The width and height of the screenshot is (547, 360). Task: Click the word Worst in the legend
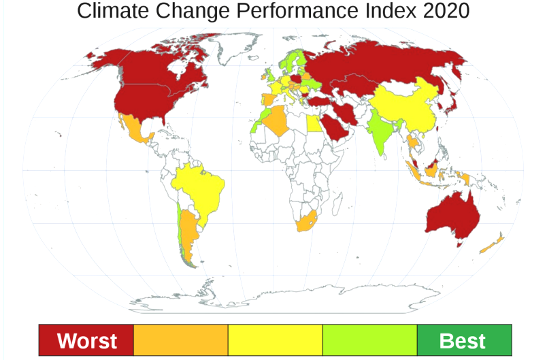tap(86, 341)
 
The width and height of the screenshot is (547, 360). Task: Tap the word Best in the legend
tap(463, 341)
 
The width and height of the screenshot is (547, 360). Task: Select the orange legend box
tap(180, 341)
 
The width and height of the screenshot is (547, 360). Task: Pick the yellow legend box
tap(275, 341)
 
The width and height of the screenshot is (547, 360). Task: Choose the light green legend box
tap(369, 341)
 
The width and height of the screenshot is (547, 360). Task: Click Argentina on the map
tap(190, 231)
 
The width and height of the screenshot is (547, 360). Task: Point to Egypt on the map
tap(314, 123)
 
